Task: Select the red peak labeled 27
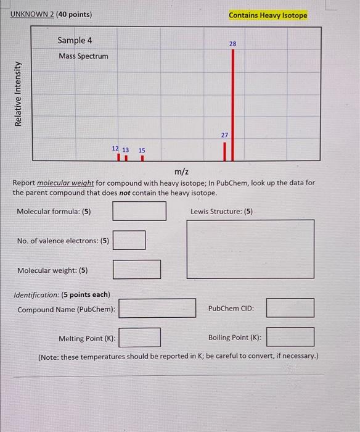click(225, 151)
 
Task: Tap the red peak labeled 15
click(142, 158)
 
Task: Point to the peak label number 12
click(115, 149)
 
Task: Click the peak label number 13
click(126, 150)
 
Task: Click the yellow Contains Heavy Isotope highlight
click(268, 15)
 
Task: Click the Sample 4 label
click(75, 40)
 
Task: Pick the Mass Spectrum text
click(83, 56)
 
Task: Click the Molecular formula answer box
click(139, 211)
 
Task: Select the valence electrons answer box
click(129, 240)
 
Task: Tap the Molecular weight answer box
click(137, 270)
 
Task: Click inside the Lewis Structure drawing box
click(250, 249)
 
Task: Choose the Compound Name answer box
click(157, 308)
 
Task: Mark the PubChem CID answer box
click(290, 308)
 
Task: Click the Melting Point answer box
click(140, 338)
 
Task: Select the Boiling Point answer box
click(290, 338)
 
